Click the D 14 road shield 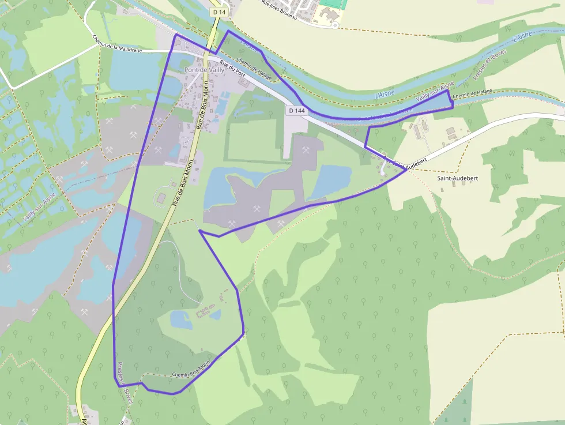(x=219, y=12)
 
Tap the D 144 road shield (x=297, y=110)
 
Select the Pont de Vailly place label (x=204, y=70)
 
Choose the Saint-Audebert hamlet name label (x=457, y=178)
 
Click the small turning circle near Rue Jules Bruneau (x=334, y=25)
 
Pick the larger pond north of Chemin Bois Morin (x=181, y=319)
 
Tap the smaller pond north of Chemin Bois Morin (x=215, y=315)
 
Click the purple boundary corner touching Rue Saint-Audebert (x=406, y=170)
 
